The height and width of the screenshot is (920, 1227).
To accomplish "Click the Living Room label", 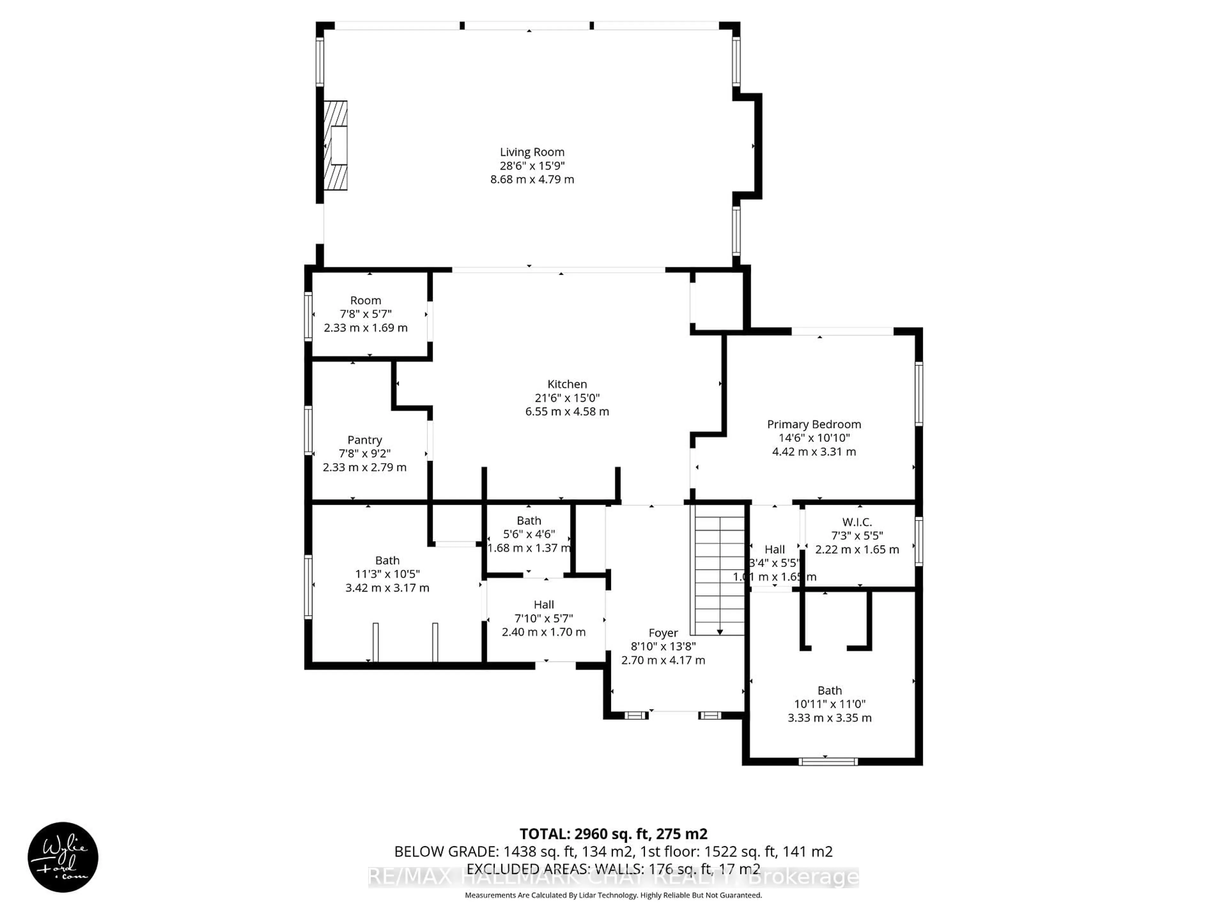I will pyautogui.click(x=532, y=152).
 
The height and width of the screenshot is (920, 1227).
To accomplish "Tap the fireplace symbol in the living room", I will pyautogui.click(x=336, y=145).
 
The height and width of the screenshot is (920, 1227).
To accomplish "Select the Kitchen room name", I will pyautogui.click(x=567, y=384).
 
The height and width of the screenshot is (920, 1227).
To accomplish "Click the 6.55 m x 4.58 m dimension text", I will pyautogui.click(x=567, y=411).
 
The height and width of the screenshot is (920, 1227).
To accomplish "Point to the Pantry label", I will pyautogui.click(x=365, y=440).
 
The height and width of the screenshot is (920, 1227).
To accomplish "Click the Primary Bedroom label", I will pyautogui.click(x=814, y=424).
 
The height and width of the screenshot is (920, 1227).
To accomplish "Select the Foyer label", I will pyautogui.click(x=663, y=633).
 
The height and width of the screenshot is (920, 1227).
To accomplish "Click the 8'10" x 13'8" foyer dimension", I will pyautogui.click(x=663, y=646).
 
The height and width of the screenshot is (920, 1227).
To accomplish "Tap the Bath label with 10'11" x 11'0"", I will pyautogui.click(x=829, y=690).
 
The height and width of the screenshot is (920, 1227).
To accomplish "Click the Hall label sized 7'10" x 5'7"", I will pyautogui.click(x=544, y=604).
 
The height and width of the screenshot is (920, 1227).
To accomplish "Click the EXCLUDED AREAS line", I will pyautogui.click(x=613, y=869).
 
